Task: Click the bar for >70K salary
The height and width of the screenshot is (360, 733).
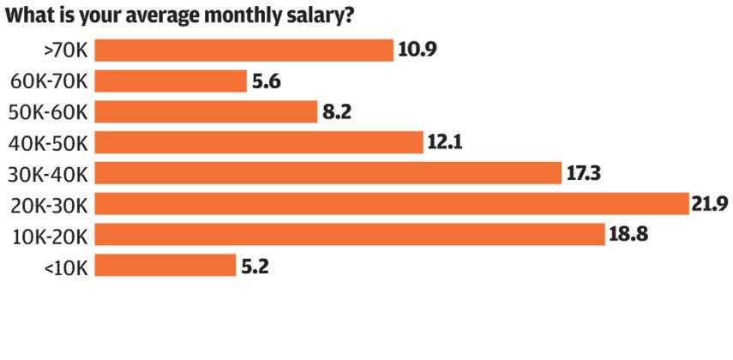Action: click(243, 50)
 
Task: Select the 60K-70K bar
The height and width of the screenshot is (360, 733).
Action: click(171, 81)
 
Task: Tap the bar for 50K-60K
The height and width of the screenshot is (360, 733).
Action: click(206, 111)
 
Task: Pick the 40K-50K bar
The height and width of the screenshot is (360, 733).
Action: click(259, 142)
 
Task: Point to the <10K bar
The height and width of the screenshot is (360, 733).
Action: click(165, 265)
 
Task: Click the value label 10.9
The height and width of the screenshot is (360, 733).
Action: click(418, 50)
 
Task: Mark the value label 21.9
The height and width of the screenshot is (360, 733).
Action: click(710, 204)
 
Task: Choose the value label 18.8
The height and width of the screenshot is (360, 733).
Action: click(628, 235)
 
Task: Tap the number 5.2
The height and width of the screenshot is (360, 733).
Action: click(255, 266)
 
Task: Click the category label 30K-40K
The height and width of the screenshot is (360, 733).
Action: click(49, 173)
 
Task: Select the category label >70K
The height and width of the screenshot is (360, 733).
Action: click(65, 51)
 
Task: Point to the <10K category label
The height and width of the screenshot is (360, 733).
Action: click(65, 266)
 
